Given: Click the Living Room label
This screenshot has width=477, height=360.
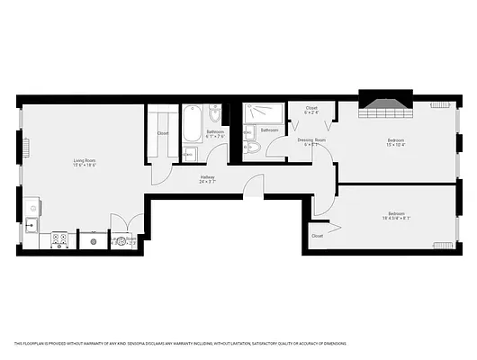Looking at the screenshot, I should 85,163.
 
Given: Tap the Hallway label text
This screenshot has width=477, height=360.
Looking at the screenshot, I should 208,180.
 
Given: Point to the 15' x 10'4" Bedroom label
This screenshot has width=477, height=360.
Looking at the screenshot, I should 396,142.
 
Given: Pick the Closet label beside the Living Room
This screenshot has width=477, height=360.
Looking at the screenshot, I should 163,133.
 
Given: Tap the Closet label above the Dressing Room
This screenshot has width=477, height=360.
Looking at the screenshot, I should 311,110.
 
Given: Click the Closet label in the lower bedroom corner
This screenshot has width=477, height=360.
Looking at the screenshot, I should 318,236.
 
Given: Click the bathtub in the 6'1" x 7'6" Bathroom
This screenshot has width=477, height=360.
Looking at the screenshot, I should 193,126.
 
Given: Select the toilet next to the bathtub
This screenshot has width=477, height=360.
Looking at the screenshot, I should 214,114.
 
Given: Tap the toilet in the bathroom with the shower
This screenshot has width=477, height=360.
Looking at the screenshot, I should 251,146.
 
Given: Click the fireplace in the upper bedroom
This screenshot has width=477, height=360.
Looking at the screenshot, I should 385,105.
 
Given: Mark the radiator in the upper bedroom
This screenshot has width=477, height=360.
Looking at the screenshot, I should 439,105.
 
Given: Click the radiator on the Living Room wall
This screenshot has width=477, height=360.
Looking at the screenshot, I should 26,146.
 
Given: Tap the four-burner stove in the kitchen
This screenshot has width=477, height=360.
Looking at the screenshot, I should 61,239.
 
